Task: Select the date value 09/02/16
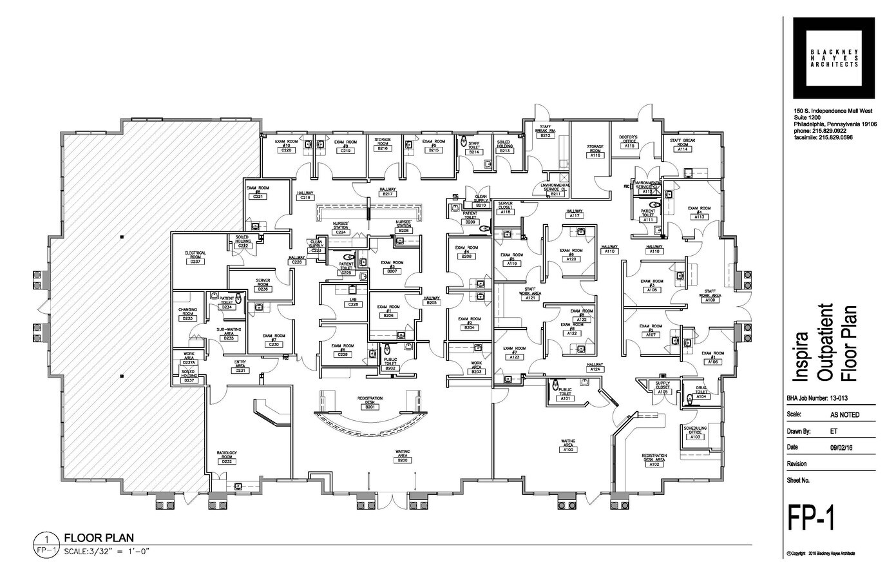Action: tap(840, 447)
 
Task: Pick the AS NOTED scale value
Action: tap(844, 415)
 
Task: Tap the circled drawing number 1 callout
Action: tap(47, 538)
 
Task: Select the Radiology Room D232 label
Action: tap(227, 458)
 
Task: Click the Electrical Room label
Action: tap(194, 256)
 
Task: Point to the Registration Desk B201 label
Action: tap(370, 403)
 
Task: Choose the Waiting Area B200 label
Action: tap(403, 458)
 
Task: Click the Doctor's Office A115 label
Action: tap(629, 142)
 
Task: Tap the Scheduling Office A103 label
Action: tap(696, 432)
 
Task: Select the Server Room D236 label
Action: tap(262, 285)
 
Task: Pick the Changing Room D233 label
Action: tap(187, 314)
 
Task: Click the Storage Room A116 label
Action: tap(595, 151)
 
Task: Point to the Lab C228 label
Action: tap(353, 302)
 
